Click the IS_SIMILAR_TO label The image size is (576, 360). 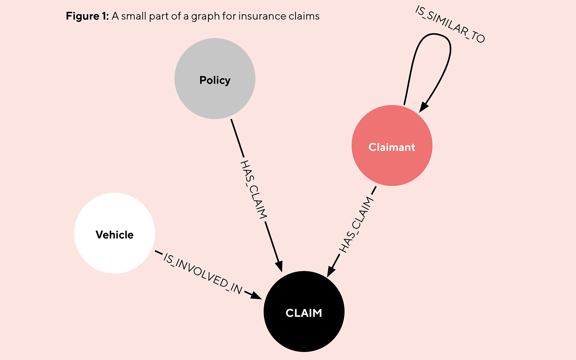[450, 24]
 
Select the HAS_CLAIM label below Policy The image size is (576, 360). [253, 189]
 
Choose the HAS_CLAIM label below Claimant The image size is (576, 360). [356, 225]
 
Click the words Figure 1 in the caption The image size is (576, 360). [87, 16]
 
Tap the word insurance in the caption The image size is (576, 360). [261, 16]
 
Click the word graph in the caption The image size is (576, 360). [206, 17]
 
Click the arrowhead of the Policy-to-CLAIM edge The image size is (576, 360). [279, 267]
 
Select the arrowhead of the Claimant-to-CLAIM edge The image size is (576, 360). [330, 272]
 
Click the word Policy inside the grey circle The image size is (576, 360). [215, 80]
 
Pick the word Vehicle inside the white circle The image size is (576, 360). [114, 235]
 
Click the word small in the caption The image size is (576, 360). [134, 16]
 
